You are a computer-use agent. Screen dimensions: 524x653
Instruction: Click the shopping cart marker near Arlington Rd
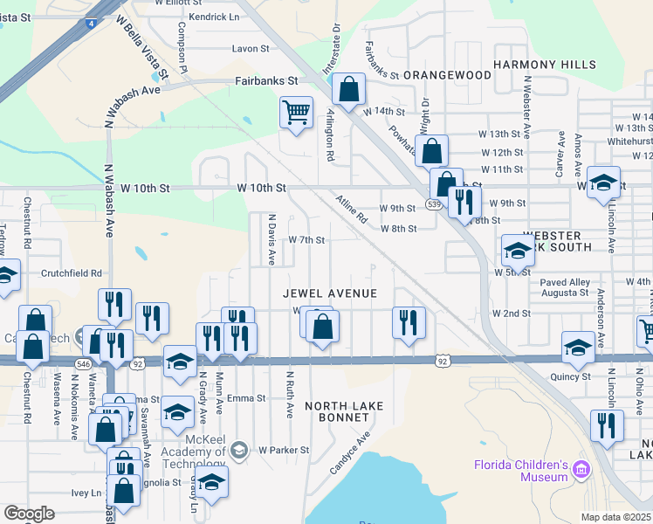(x=296, y=112)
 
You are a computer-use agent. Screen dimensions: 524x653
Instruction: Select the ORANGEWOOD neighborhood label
(x=448, y=75)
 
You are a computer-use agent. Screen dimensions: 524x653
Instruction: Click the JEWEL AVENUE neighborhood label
(x=330, y=293)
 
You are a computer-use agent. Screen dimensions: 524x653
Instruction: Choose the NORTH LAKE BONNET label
(x=337, y=411)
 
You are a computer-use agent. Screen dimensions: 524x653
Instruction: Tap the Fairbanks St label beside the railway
(x=266, y=80)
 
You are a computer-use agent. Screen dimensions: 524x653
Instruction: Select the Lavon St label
(x=251, y=49)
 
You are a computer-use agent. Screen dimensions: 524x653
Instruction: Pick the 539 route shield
(x=434, y=203)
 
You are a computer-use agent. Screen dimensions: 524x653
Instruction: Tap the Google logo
(x=29, y=513)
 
